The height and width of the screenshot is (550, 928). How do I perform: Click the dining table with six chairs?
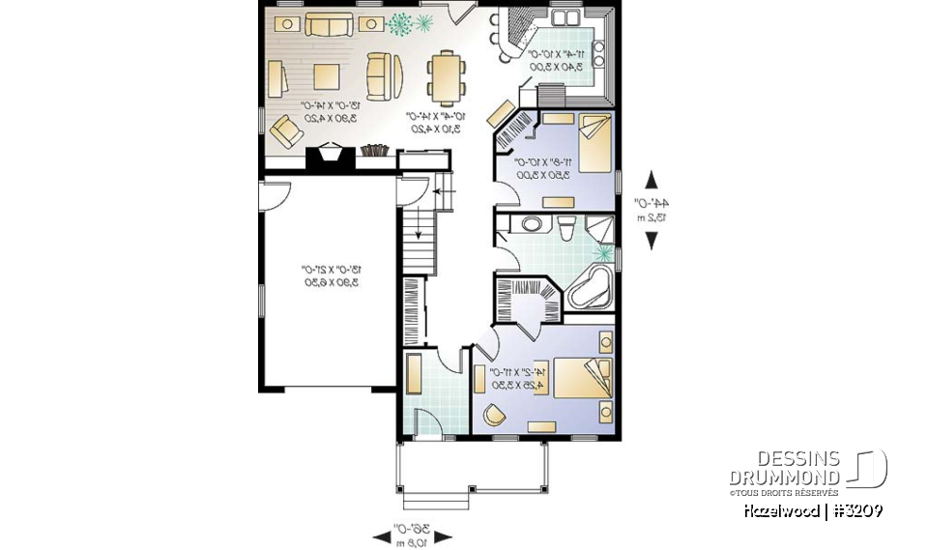coord(446,78)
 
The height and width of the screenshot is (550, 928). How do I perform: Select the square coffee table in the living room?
coord(326,76)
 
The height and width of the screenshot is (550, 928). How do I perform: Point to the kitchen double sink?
coord(565,18)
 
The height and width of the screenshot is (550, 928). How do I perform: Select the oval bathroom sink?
coord(531,225)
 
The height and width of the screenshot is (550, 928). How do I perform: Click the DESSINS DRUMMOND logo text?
coord(784,467)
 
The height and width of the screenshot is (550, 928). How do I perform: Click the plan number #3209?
coord(855,510)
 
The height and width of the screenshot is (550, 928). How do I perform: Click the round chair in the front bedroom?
coord(494,414)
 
